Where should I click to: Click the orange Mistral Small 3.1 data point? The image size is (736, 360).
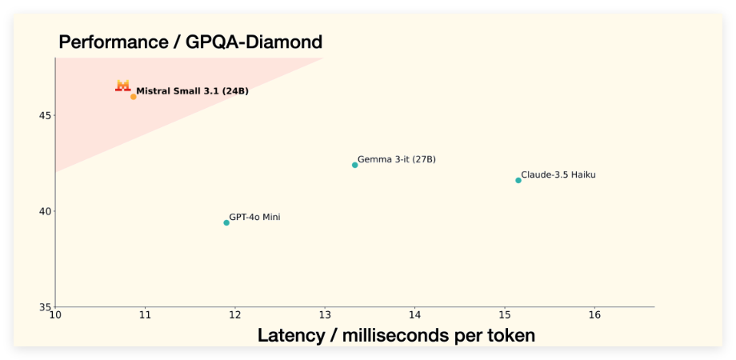click(x=134, y=97)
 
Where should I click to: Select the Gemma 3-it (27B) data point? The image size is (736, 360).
click(x=355, y=165)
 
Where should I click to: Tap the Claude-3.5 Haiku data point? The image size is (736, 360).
click(x=518, y=180)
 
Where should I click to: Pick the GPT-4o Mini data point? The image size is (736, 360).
click(x=226, y=222)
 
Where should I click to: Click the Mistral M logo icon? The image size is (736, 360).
click(x=122, y=85)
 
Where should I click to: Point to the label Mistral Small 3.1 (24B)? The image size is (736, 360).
click(x=192, y=91)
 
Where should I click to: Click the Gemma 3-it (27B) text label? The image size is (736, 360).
click(x=397, y=159)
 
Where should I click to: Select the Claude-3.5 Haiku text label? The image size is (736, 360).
click(x=558, y=174)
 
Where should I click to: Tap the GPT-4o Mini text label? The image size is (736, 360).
click(x=254, y=217)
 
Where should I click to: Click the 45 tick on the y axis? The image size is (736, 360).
click(x=44, y=115)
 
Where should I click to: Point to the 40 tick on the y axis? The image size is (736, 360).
click(x=44, y=211)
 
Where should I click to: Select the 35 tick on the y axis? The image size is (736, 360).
click(x=44, y=306)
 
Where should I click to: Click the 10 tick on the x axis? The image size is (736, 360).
click(x=55, y=316)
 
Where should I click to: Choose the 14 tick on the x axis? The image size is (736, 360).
click(x=414, y=316)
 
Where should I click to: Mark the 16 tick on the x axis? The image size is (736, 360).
click(x=594, y=316)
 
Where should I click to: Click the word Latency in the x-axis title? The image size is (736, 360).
click(x=290, y=335)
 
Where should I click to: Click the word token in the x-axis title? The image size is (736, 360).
click(x=508, y=335)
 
